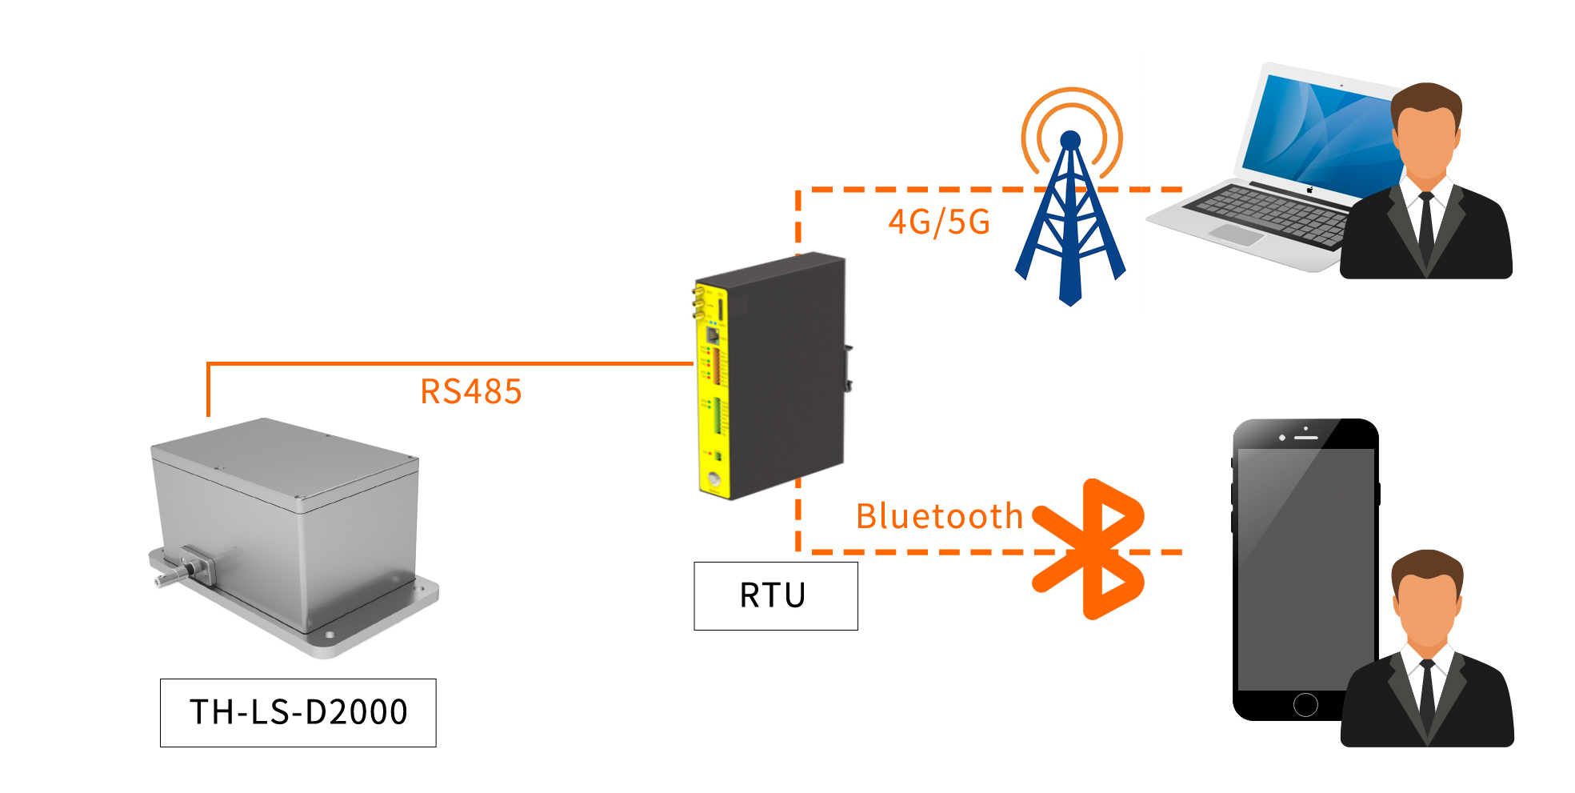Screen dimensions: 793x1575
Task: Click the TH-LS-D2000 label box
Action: [x=298, y=712]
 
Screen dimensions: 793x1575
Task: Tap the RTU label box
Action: [x=775, y=596]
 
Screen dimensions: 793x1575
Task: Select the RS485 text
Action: [x=471, y=392]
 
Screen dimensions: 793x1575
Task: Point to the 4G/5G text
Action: [x=939, y=222]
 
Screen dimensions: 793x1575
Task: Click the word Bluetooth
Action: [x=939, y=516]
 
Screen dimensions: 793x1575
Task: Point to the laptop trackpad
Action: [x=1235, y=234]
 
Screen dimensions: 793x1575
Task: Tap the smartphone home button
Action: [x=1305, y=704]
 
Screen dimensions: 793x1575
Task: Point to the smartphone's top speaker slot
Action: [x=1306, y=438]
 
